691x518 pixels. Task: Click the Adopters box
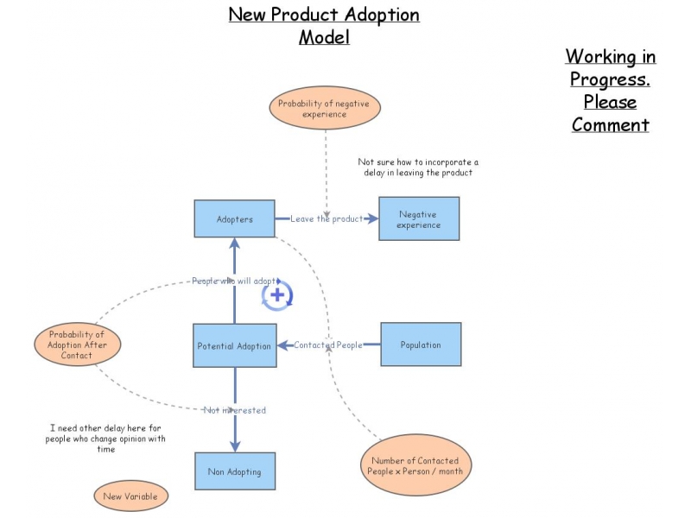(234, 219)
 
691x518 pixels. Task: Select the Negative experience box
(419, 219)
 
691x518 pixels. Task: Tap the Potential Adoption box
(234, 345)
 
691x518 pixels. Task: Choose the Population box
(421, 344)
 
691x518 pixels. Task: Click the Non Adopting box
(234, 471)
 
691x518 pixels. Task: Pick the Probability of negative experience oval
(325, 109)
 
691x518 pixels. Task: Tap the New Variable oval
(130, 496)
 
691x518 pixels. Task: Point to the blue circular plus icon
(277, 295)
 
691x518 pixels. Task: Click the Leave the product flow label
(326, 219)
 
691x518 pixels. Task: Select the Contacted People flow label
(328, 345)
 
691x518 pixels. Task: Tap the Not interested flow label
(234, 410)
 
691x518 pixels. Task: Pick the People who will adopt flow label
(234, 281)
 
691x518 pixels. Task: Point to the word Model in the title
(324, 38)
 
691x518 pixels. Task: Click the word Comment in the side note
(610, 124)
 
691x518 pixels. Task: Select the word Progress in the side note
(610, 79)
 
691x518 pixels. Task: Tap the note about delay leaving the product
(418, 167)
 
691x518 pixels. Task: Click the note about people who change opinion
(105, 438)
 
